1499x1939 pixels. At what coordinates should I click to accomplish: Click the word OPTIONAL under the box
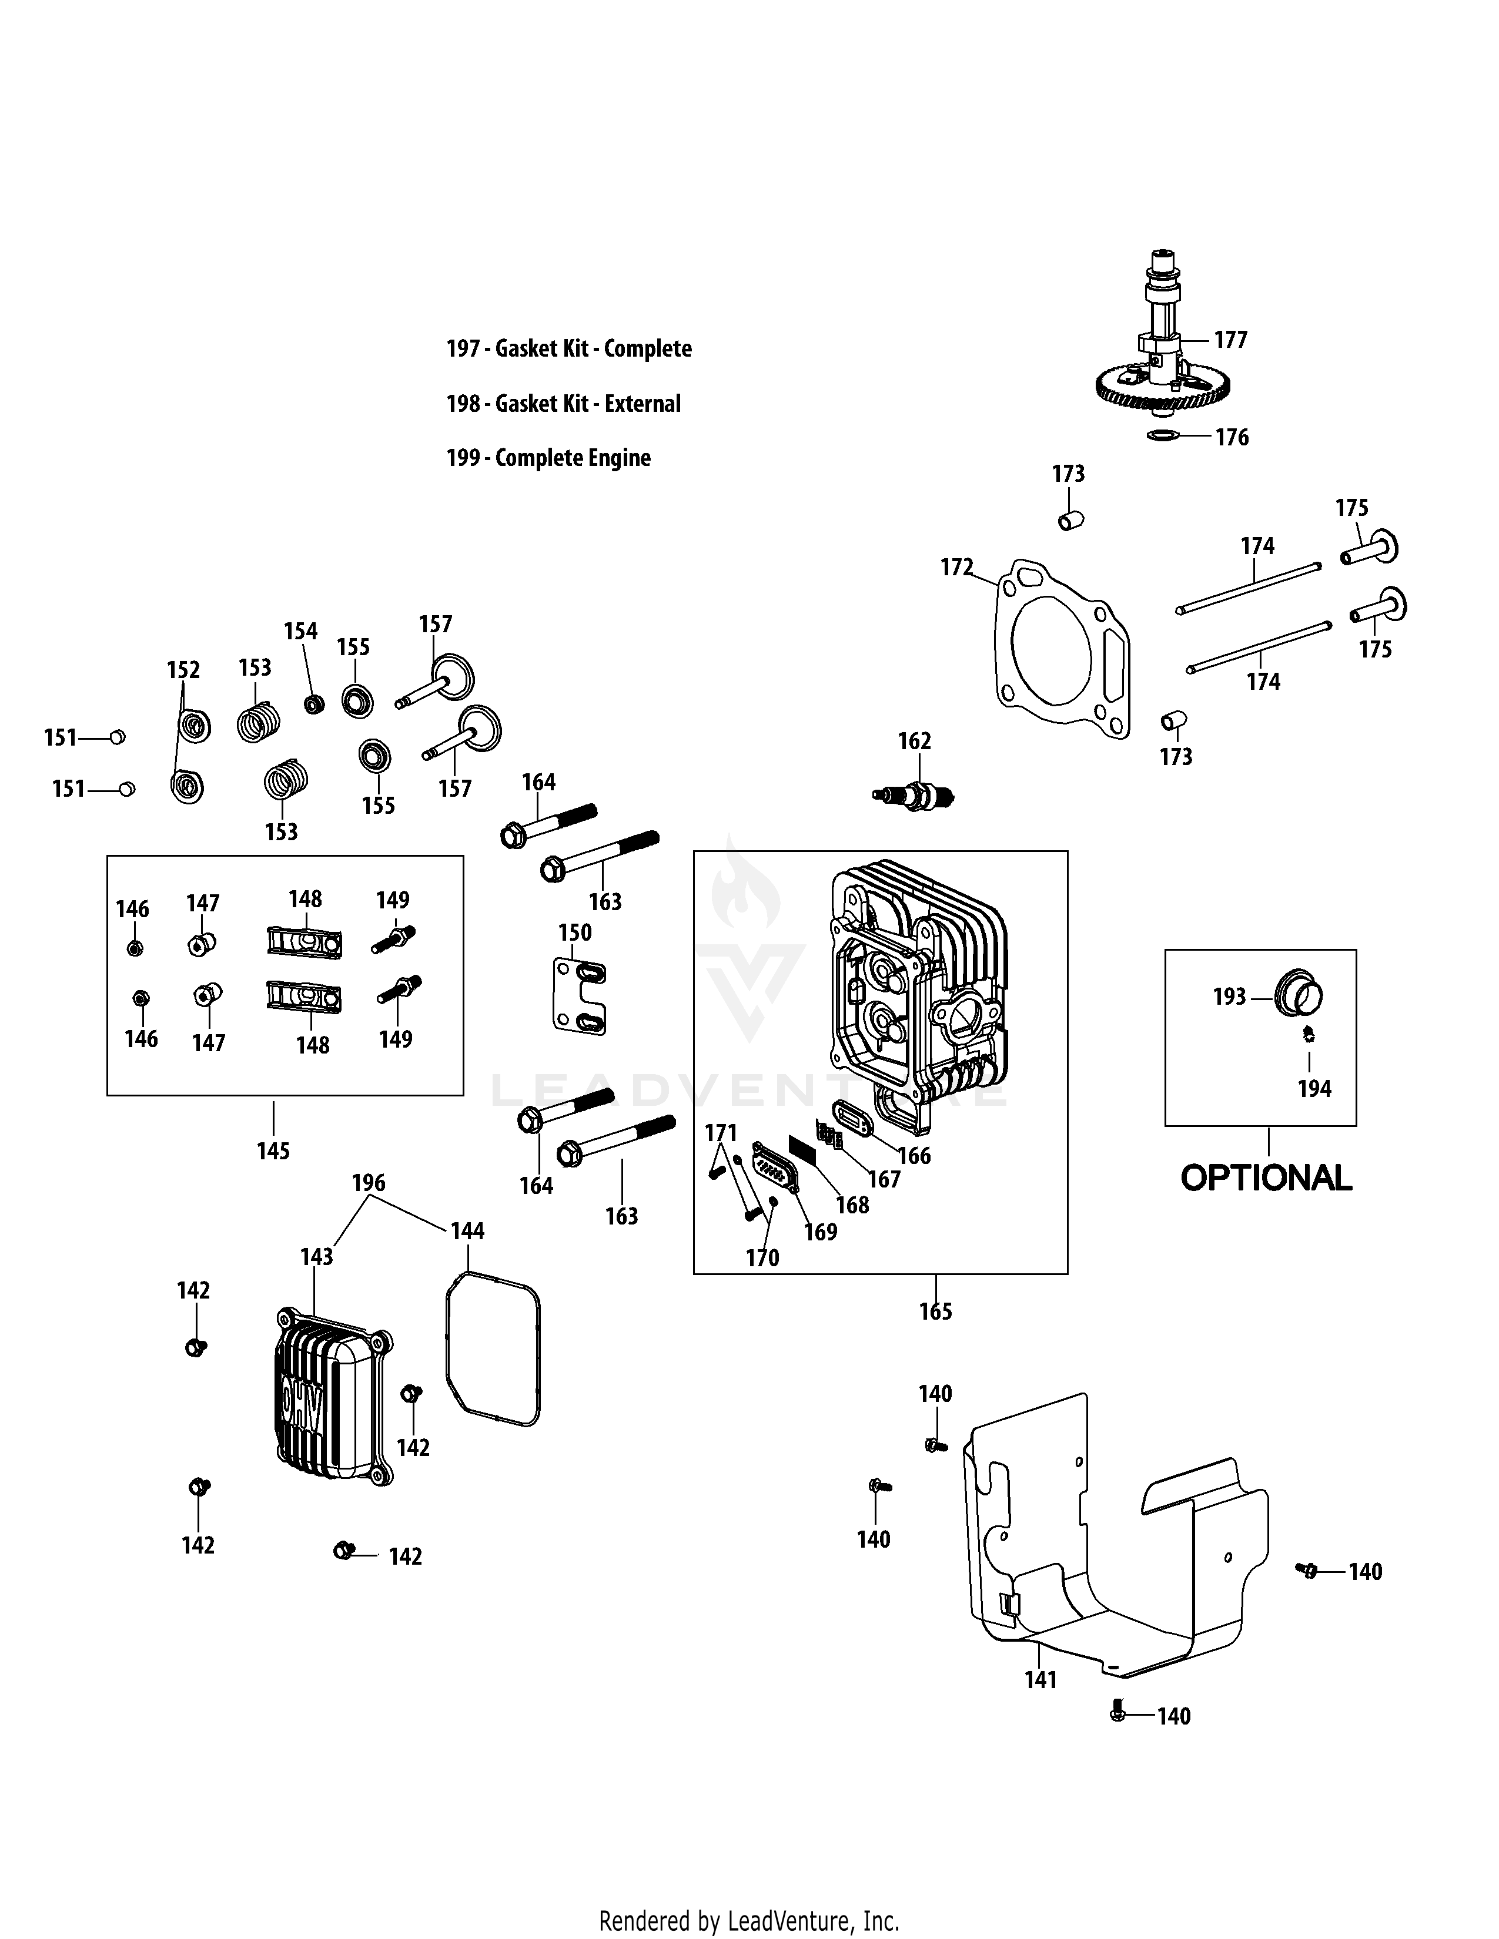click(x=1266, y=1178)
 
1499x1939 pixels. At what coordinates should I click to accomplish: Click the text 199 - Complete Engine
click(x=548, y=458)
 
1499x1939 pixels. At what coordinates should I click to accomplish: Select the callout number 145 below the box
click(x=273, y=1150)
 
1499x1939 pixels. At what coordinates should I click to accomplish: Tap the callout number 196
click(x=369, y=1183)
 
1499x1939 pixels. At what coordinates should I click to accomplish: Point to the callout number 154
click(x=300, y=631)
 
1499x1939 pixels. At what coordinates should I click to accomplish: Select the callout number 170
click(x=762, y=1257)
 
